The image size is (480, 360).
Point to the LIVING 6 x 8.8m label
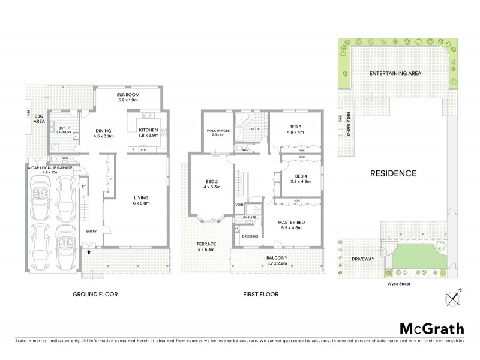pyautogui.click(x=141, y=200)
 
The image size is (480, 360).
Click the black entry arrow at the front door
pyautogui.click(x=89, y=253)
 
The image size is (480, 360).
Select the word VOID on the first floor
pyautogui.click(x=239, y=205)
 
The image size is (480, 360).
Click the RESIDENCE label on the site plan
pyautogui.click(x=393, y=173)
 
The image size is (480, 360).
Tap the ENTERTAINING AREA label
pyautogui.click(x=395, y=74)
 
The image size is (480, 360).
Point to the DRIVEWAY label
pyautogui.click(x=362, y=259)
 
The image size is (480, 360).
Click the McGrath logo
pyautogui.click(x=432, y=328)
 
